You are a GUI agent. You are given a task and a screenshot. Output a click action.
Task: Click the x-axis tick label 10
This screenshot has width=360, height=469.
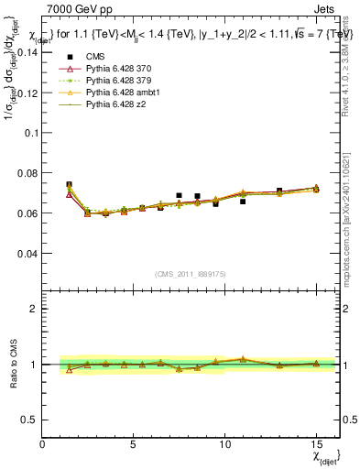pyautogui.click(x=224, y=444)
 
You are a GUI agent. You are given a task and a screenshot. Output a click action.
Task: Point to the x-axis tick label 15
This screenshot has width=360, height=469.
pyautogui.click(x=316, y=444)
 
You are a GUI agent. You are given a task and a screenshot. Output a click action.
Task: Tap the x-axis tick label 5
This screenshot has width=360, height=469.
pyautogui.click(x=134, y=444)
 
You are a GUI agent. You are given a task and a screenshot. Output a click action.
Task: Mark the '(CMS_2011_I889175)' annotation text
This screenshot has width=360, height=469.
pyautogui.click(x=191, y=273)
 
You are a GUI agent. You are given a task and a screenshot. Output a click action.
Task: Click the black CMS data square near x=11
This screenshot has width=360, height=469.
pyautogui.click(x=243, y=201)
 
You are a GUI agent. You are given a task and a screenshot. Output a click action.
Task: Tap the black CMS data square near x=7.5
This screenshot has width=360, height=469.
pyautogui.click(x=179, y=195)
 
